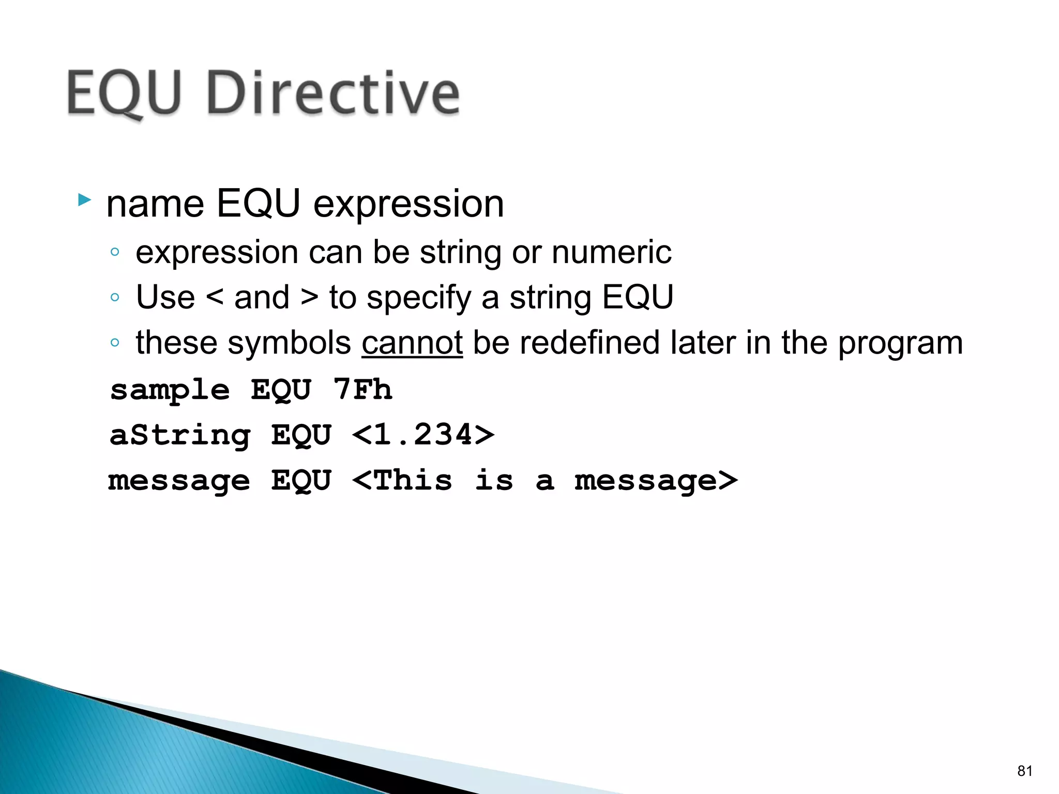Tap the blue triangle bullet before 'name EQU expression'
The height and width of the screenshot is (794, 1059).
[x=84, y=200]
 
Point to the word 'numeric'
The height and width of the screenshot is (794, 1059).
[x=611, y=252]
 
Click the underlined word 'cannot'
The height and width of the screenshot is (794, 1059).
[x=412, y=343]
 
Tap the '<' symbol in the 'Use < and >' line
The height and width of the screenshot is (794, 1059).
[x=215, y=297]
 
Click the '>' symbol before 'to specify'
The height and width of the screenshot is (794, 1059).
[x=309, y=297]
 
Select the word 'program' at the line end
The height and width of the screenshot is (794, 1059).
[x=900, y=344]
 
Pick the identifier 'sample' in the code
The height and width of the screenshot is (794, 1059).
[x=170, y=390]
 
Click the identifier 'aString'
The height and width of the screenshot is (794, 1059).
[x=180, y=435]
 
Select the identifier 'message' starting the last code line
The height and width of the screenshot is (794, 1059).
[x=179, y=481]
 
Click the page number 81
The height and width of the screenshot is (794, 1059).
[x=1024, y=771]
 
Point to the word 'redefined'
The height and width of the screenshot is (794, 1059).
[x=589, y=343]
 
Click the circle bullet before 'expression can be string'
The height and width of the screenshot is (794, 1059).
[x=115, y=252]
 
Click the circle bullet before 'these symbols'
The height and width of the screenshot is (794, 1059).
[x=115, y=343]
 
